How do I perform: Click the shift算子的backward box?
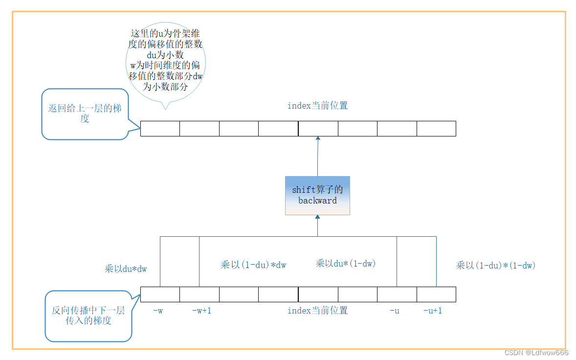317,195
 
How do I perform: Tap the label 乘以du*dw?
125,269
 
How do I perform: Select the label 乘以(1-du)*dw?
253,265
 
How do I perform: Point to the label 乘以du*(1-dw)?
345,263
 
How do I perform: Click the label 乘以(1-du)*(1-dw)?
495,265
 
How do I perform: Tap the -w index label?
157,311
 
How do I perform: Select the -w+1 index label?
201,311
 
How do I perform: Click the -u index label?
394,311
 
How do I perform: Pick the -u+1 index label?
432,311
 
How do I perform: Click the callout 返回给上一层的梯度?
85,113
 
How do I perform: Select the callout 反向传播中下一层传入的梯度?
89,315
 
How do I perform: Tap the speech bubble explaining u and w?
165,61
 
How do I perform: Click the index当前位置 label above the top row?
317,106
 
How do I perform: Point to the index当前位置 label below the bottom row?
317,311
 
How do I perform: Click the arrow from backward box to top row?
317,157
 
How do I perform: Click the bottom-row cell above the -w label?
160,294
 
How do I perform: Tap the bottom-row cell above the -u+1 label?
436,294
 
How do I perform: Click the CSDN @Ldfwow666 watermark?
536,353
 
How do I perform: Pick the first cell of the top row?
160,129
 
